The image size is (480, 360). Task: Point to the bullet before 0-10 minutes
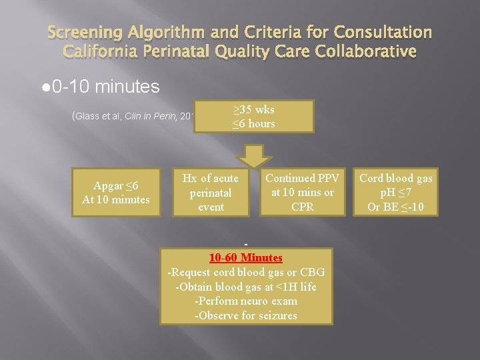point(45,87)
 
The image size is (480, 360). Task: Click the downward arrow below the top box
point(256,154)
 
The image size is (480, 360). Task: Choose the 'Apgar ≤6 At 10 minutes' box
point(116,192)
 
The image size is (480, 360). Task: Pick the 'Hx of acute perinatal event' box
point(211,193)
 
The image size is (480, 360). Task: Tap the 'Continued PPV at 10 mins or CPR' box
point(302,193)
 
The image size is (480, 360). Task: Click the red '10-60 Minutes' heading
point(246,257)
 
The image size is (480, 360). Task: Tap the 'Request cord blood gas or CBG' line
point(246,272)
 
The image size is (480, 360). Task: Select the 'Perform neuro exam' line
point(246,301)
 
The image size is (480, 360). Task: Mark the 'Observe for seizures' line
point(246,315)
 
